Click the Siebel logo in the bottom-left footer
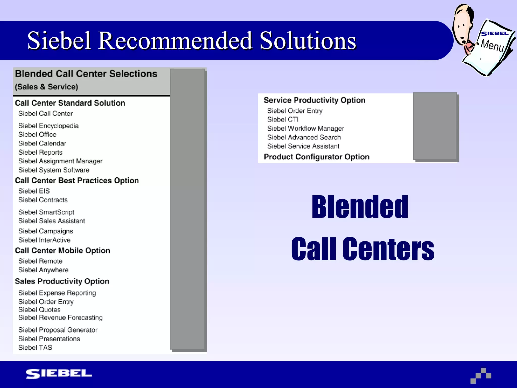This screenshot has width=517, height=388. coord(59,374)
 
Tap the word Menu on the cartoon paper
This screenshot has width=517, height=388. coord(492,45)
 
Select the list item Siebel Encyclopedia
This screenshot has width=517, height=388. coord(48,126)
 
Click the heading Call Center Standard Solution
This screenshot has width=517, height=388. coord(70,103)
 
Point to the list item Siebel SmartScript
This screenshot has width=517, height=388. coord(46,212)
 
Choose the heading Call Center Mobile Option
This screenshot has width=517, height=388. coord(62,251)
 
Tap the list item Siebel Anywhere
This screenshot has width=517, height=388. coord(43,270)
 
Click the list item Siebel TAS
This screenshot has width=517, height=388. coord(35,348)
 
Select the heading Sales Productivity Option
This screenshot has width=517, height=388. coord(62,281)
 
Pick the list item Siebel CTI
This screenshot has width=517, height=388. coord(283,119)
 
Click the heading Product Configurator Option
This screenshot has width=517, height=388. coord(316,157)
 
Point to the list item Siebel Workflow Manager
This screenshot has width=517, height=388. coord(305,129)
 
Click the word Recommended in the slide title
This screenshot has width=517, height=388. coord(175,41)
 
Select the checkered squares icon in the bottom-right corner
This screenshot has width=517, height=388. coord(481,375)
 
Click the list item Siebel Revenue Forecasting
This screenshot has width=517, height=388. coord(60,318)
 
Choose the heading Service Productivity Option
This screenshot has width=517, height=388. coord(314,100)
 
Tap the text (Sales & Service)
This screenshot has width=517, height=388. coord(46,87)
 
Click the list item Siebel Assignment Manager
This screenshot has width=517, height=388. coord(60,161)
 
